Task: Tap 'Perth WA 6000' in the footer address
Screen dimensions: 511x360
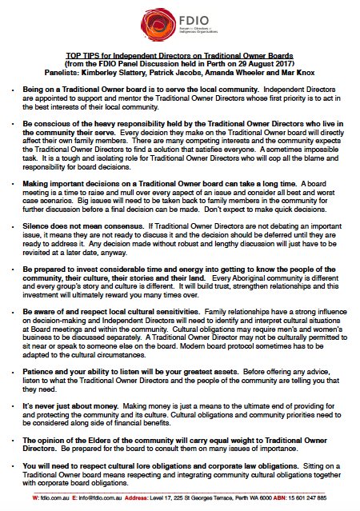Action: (x=260, y=498)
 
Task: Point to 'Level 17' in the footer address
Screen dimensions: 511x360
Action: (x=173, y=498)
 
